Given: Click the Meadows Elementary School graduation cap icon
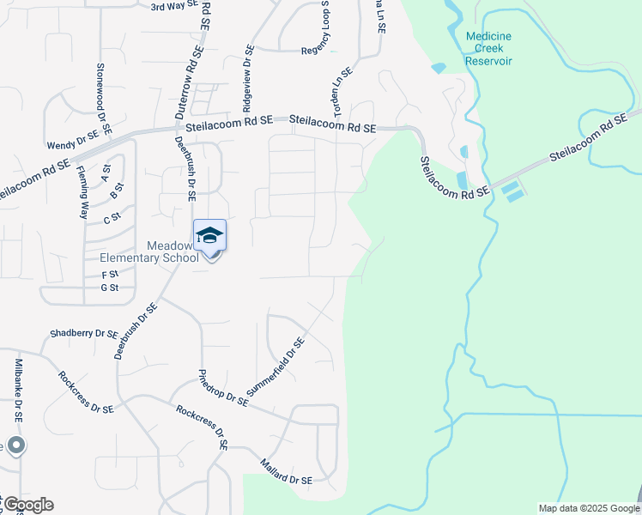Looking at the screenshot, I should click(x=210, y=234).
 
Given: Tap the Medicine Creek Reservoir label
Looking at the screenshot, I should click(x=488, y=49).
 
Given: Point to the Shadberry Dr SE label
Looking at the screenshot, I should click(x=83, y=333).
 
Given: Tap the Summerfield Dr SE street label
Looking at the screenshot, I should click(x=276, y=367).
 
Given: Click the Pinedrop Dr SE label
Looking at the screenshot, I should click(x=222, y=387).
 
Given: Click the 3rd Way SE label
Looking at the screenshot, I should click(x=173, y=6).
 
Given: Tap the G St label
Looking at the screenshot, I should click(x=109, y=288).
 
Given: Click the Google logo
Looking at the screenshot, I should click(x=27, y=505).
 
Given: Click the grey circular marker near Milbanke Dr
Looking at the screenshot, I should click(x=15, y=445).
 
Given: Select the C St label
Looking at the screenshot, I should click(x=112, y=219).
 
